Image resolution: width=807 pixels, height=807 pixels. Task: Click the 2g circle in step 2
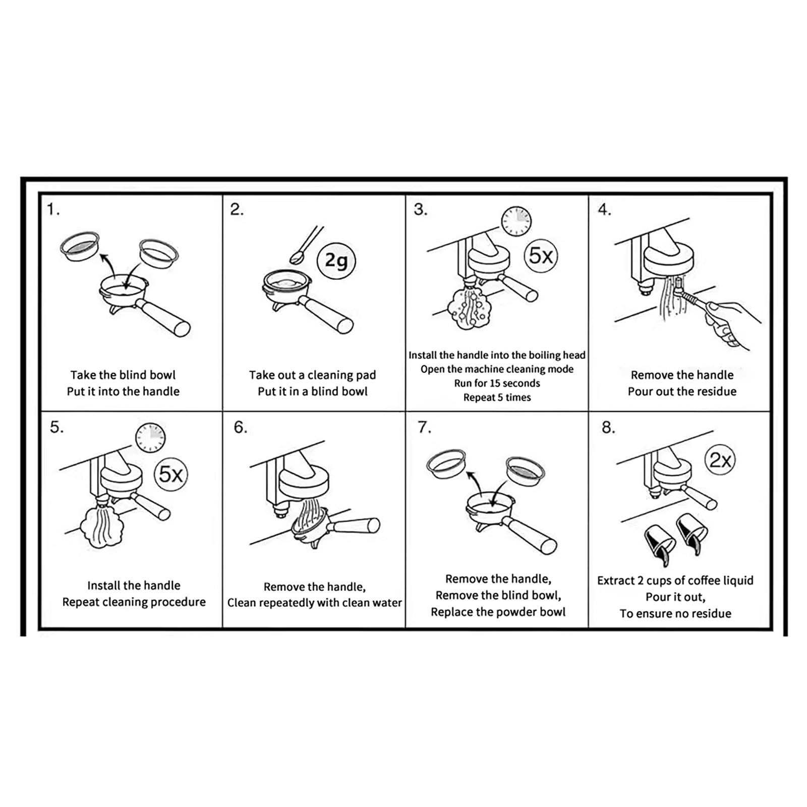(336, 261)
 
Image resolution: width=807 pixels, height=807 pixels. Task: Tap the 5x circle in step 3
(541, 256)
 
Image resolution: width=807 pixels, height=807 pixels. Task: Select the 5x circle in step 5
(171, 474)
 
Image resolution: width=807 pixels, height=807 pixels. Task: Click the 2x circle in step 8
(720, 460)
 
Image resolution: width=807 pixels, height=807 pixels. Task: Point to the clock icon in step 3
(516, 221)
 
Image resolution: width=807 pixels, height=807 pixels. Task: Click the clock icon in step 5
(150, 437)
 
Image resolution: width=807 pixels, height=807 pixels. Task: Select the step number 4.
(604, 209)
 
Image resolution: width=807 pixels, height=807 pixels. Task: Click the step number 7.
(424, 427)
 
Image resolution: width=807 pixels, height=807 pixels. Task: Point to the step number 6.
(240, 427)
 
